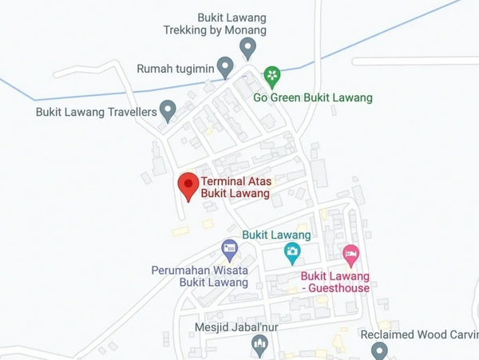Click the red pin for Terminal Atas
point(188,185)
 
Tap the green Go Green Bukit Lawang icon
point(272,76)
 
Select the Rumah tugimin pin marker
point(226,65)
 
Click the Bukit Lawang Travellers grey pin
point(168,109)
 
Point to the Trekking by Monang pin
point(248,47)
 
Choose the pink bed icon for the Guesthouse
point(351,255)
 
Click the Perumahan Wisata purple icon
point(230,249)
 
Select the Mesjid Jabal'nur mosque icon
point(259,344)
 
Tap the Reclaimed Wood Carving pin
point(379,350)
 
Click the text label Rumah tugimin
point(176,69)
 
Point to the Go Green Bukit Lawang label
point(313,98)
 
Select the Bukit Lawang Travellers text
point(96,112)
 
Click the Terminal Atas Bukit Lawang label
point(236,188)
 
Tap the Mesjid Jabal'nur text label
point(232,326)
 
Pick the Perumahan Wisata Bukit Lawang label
point(200,276)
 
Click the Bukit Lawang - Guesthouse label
point(335,283)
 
